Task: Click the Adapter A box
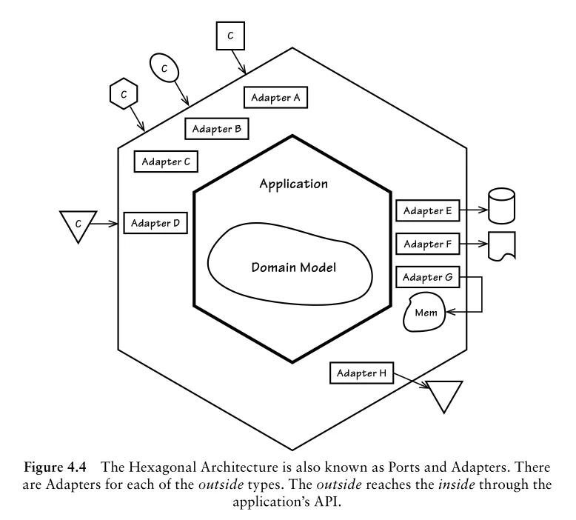[275, 97]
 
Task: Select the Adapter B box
[216, 128]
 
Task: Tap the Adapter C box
[165, 161]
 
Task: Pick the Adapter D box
[155, 221]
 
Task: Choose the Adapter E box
[427, 210]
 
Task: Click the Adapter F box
[427, 244]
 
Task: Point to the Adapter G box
[427, 278]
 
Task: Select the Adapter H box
[361, 373]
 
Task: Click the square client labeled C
[230, 36]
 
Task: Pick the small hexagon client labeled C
[124, 94]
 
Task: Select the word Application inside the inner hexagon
[293, 183]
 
